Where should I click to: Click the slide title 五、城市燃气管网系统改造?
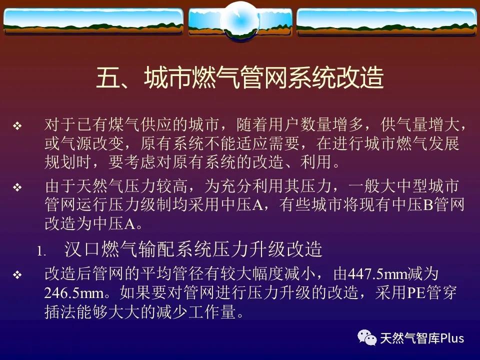240,77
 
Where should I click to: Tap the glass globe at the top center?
240,20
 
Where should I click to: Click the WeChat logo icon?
367,337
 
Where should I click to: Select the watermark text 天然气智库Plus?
422,338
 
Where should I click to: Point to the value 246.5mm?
74,293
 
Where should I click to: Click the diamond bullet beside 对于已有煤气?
17,125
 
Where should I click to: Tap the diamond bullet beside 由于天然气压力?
17,187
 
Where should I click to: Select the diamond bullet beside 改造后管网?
17,274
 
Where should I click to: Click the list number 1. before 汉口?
41,251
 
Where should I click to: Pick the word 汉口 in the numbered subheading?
81,249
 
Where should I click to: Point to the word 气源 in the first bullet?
76,143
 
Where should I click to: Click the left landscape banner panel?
93,21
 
